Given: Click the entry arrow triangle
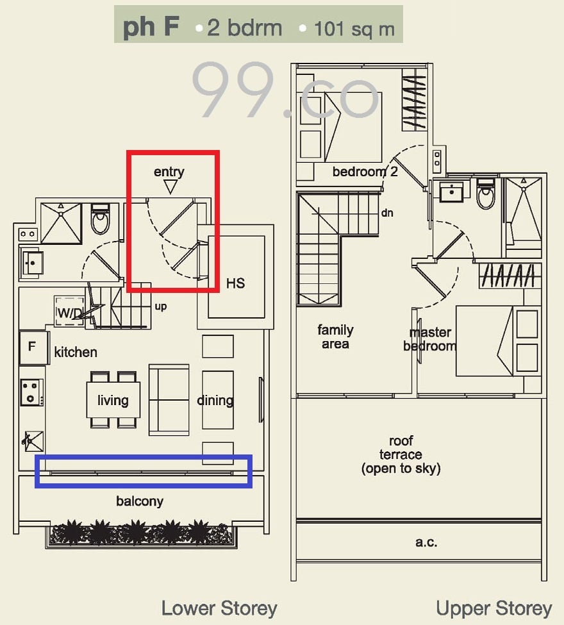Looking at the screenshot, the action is (x=170, y=187).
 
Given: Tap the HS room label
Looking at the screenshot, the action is (x=235, y=283).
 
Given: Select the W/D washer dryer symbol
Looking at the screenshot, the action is (x=69, y=311).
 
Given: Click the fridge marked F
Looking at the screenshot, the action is (x=33, y=347).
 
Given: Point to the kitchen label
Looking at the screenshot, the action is (x=76, y=352).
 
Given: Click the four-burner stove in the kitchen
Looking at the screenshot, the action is (x=31, y=392).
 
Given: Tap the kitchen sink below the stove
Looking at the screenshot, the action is (x=33, y=441).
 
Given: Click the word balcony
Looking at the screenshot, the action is (x=140, y=501).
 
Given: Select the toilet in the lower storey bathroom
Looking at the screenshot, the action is (x=100, y=219).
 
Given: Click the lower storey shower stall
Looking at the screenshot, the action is (x=61, y=223).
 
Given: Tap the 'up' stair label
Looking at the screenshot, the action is (x=161, y=306).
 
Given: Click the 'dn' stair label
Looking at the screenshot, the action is (x=387, y=213).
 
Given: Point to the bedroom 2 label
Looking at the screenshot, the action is (x=365, y=172).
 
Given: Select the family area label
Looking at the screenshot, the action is (x=335, y=337).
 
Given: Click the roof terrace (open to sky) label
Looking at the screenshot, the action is (x=401, y=454).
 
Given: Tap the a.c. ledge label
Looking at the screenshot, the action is (x=426, y=542).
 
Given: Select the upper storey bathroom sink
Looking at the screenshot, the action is (x=452, y=192).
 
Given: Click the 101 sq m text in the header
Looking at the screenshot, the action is (x=354, y=29).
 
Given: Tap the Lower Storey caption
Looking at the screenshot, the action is (x=219, y=609).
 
